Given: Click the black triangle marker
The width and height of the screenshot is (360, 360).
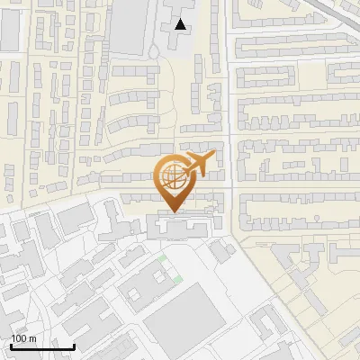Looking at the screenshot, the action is (182, 24).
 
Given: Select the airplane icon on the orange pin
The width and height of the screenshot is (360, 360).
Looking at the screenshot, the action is (196, 165).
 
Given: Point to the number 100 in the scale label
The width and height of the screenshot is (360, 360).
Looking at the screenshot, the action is (19, 338).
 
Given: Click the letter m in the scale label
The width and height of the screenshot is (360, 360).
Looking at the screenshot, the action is (32, 338).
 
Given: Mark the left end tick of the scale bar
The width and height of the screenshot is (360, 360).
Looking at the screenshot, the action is (10, 346).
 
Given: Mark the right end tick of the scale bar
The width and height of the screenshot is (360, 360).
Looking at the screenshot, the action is (75, 346).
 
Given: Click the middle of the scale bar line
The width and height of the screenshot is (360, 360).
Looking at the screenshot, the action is (42, 347).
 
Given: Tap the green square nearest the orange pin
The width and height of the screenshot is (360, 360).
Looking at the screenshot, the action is (163, 260).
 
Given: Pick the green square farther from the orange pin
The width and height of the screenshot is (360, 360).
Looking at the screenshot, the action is (177, 278).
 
